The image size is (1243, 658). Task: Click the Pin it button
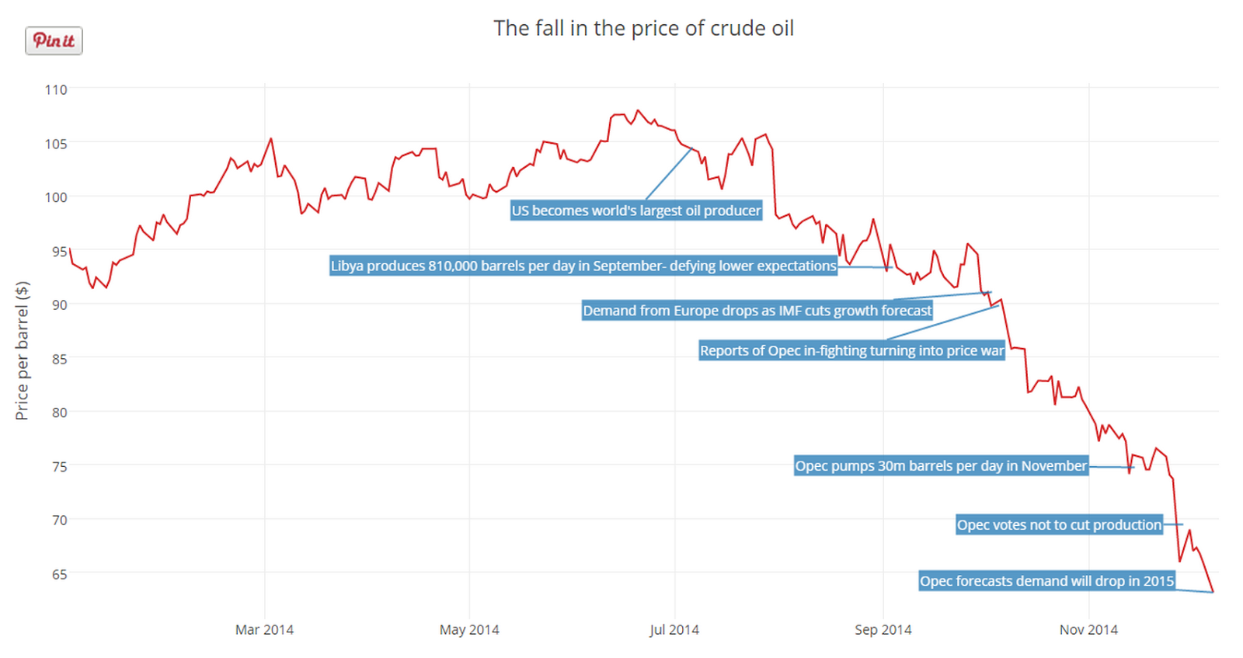(54, 40)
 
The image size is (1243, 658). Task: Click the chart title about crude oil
(643, 29)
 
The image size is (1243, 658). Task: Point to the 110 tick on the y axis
(56, 89)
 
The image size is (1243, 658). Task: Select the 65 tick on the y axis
(59, 574)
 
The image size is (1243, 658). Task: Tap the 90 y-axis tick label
(59, 305)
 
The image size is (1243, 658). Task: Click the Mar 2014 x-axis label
(264, 629)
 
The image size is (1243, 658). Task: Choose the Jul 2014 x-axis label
(674, 629)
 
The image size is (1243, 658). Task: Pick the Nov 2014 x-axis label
(1088, 629)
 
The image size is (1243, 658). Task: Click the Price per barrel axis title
(22, 350)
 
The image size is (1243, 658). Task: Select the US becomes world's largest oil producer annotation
(636, 211)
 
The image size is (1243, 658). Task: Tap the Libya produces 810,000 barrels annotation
(583, 266)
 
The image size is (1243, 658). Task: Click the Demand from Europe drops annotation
(757, 311)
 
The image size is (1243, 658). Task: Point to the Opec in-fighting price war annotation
(851, 350)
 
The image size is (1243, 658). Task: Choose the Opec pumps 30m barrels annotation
(941, 465)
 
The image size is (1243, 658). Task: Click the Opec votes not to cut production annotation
(1059, 524)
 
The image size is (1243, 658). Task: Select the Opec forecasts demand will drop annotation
(1046, 580)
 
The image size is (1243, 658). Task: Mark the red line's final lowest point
(1213, 592)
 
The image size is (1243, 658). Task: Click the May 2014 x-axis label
(469, 629)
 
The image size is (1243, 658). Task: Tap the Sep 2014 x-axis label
(883, 629)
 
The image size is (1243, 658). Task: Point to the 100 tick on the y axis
(56, 197)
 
